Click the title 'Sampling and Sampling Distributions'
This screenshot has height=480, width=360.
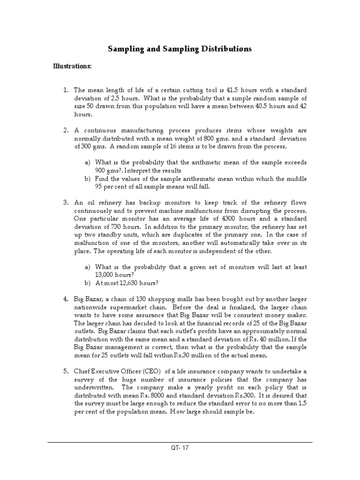pyautogui.click(x=180, y=49)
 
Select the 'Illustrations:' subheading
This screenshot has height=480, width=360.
pyautogui.click(x=72, y=67)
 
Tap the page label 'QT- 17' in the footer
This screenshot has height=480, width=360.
pyautogui.click(x=180, y=448)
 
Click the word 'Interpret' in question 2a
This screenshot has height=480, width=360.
pyautogui.click(x=140, y=171)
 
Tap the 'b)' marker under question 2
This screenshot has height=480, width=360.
pyautogui.click(x=87, y=179)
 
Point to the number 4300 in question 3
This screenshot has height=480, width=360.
pyautogui.click(x=205, y=218)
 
